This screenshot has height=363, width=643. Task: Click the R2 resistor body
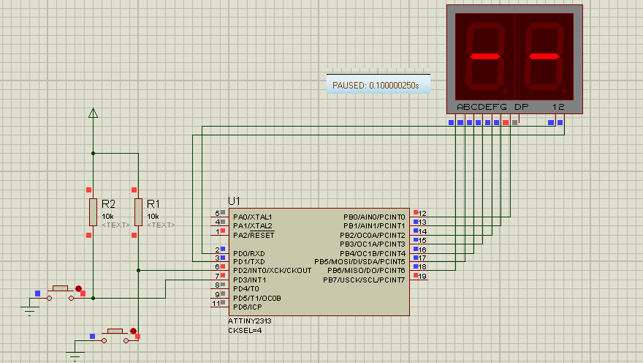(x=93, y=211)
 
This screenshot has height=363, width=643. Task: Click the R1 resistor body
(x=138, y=211)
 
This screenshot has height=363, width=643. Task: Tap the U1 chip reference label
(x=234, y=201)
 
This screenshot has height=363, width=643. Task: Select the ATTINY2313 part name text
(x=250, y=321)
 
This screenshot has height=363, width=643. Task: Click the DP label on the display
(x=521, y=107)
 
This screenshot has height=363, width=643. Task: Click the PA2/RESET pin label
(x=254, y=235)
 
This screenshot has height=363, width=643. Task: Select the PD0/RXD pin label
(x=249, y=253)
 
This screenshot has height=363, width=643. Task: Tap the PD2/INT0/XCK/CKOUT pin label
(x=272, y=271)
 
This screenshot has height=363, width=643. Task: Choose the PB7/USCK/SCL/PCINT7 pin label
(x=364, y=280)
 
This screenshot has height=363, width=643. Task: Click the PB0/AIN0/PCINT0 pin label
(x=374, y=217)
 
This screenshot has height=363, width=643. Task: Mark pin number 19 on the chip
(x=422, y=277)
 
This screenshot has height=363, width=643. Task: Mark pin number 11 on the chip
(x=216, y=303)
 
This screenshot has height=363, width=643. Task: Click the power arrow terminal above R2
(x=93, y=113)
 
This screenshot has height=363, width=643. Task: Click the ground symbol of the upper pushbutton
(x=29, y=311)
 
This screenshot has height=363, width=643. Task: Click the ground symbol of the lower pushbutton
(x=75, y=356)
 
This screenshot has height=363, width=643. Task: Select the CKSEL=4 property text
(x=244, y=330)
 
